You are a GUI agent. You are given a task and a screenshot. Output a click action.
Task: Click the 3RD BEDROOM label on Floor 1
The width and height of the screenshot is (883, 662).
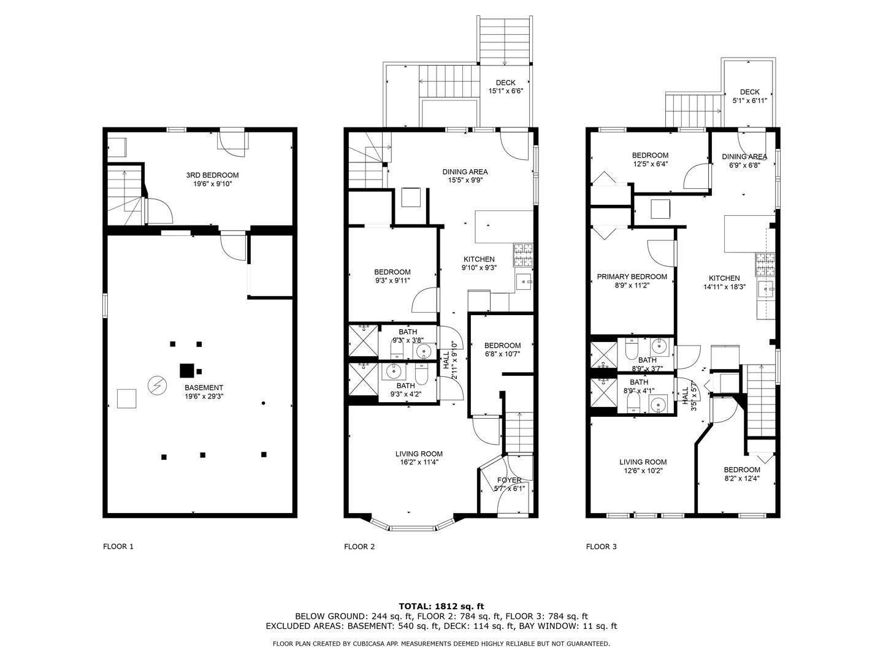[212, 175]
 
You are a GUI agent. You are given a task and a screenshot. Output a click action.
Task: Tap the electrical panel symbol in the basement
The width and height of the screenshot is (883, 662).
[157, 385]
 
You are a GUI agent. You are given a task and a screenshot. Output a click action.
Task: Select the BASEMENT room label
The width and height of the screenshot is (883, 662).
[204, 387]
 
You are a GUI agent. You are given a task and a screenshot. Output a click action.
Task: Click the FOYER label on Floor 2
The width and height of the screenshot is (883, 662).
[509, 480]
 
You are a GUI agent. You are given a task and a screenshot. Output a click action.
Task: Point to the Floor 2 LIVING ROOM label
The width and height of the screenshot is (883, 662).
[419, 454]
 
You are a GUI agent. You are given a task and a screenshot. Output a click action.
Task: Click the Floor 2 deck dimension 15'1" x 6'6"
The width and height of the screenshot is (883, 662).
[505, 91]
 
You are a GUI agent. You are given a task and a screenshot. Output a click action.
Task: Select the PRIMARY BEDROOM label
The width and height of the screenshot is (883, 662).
[632, 277]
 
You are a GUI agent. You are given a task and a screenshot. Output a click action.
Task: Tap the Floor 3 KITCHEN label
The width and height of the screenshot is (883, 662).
[724, 278]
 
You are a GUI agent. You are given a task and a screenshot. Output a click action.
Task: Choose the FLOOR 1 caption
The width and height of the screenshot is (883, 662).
[118, 547]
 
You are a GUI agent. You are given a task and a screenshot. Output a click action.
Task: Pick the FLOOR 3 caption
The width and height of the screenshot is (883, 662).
[601, 547]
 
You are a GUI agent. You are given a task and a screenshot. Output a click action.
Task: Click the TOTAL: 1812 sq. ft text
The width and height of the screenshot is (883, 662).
[442, 606]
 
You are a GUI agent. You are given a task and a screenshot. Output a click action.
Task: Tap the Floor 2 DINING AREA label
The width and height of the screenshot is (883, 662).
[465, 172]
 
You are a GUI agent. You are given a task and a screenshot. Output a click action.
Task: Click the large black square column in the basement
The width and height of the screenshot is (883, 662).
[186, 371]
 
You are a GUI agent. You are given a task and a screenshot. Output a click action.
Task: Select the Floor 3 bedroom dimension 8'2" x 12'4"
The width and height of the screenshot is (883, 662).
[741, 479]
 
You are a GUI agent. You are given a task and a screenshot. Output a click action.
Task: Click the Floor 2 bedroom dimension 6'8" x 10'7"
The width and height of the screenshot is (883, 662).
[502, 354]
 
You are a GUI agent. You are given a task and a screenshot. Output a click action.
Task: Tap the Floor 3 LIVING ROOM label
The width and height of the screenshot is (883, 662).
[643, 463]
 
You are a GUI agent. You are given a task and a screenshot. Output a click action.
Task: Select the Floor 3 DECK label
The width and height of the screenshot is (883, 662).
[749, 92]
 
